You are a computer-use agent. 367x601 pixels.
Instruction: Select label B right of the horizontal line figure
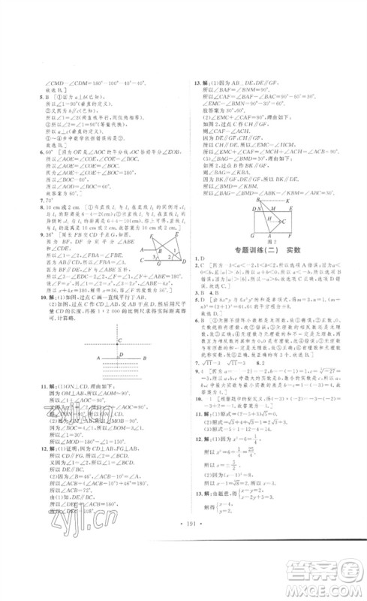161,359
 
